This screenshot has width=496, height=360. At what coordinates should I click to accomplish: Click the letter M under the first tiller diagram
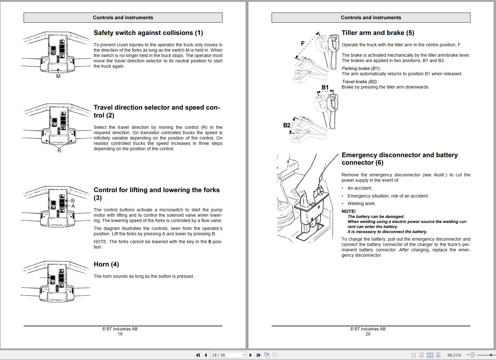point(58,76)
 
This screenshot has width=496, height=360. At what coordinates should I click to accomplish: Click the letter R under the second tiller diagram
point(59,151)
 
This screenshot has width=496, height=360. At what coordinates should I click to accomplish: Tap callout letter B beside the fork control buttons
point(73,201)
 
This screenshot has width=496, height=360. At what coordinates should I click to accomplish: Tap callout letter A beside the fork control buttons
point(73,206)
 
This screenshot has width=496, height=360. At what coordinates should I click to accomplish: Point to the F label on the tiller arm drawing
point(303,43)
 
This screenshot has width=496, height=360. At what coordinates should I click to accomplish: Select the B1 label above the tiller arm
point(325,87)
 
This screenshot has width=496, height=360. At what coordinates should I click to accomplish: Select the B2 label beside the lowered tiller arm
point(287,125)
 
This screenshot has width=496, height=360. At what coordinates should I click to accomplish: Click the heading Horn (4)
point(106,264)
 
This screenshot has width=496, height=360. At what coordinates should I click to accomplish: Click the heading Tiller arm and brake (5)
point(378,33)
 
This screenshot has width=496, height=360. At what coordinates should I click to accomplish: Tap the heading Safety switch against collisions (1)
point(148,33)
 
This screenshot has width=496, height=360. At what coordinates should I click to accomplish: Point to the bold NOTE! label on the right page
point(349,211)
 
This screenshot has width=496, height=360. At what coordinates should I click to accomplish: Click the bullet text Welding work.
point(361,203)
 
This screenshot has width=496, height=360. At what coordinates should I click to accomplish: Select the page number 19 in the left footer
point(120,334)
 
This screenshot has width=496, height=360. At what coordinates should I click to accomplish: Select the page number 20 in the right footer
point(368,334)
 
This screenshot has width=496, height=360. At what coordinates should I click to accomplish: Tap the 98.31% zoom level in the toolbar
point(454,355)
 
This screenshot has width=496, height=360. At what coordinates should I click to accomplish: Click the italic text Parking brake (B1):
point(361,68)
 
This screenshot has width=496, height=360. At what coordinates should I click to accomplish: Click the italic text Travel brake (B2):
point(360,82)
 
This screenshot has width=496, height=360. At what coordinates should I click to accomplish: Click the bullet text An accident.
point(360,188)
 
